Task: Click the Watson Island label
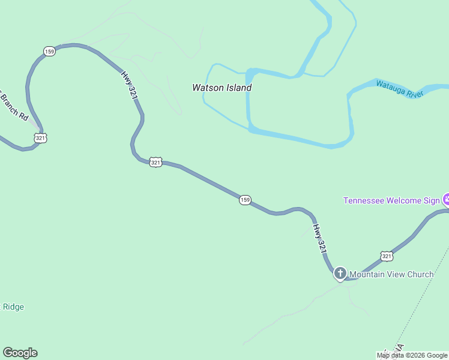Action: pos(221,88)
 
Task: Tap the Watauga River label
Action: pos(400,88)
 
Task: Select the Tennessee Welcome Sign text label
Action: pos(391,200)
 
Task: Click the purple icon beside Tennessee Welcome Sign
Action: pos(446,199)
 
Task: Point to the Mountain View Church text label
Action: pos(391,275)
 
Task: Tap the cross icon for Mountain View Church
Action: pos(340,274)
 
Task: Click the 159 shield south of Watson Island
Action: pos(244,200)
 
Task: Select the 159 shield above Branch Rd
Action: pos(49,52)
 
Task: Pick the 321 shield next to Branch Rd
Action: pos(41,138)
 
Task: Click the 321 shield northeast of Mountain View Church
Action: pos(387,256)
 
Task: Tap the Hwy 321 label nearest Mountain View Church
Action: pos(321,239)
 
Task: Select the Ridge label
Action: pos(13,307)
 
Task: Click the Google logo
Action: pos(20,353)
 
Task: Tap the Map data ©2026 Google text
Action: pos(412,356)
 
